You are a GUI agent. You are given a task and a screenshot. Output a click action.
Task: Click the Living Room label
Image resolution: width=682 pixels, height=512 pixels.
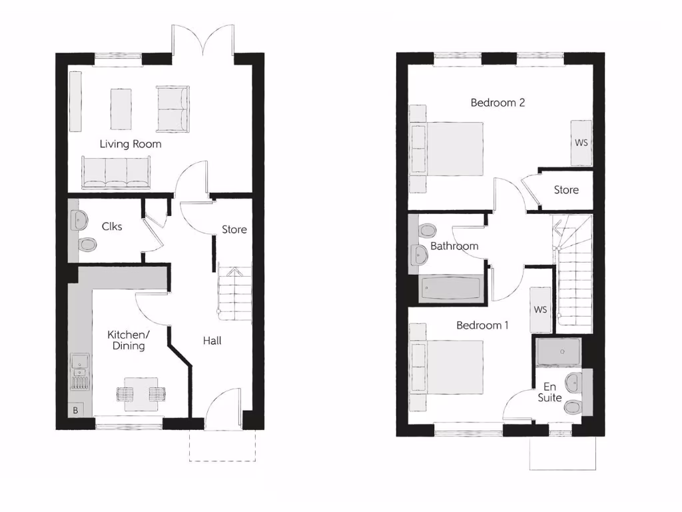click(x=131, y=144)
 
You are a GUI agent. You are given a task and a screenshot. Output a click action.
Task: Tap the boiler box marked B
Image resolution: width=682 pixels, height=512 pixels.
click(x=75, y=411)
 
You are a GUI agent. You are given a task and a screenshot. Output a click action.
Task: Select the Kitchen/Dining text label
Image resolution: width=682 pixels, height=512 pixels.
click(x=129, y=340)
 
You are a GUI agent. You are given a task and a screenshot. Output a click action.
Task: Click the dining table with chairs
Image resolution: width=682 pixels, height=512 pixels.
click(x=141, y=391)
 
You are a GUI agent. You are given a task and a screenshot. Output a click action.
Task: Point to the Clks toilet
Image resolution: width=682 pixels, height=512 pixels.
click(x=87, y=245)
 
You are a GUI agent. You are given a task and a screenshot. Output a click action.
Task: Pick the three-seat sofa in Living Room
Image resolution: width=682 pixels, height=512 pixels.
click(x=116, y=173)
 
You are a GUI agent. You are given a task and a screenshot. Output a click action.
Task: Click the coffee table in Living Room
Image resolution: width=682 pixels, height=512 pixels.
click(x=121, y=109)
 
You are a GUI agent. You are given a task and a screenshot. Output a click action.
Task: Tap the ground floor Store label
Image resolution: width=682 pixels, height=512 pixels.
click(x=234, y=229)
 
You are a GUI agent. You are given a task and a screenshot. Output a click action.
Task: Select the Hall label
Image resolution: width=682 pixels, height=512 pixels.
click(x=212, y=341)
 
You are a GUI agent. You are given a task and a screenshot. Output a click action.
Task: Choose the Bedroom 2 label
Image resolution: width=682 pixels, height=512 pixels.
click(x=498, y=103)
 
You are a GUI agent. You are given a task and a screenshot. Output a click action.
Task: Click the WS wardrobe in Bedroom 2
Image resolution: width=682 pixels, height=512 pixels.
click(x=581, y=143)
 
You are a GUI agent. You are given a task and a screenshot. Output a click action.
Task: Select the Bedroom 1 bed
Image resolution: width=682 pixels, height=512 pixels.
click(x=446, y=367)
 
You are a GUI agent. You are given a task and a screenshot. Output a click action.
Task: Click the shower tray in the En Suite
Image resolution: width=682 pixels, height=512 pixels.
click(x=558, y=351)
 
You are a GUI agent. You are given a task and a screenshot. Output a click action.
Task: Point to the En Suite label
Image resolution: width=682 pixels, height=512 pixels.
click(x=550, y=392)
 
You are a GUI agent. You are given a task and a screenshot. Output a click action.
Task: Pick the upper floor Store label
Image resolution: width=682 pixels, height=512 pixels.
click(x=566, y=190)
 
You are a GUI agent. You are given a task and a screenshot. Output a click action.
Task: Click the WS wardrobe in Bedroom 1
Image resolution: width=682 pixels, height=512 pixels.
click(x=540, y=310)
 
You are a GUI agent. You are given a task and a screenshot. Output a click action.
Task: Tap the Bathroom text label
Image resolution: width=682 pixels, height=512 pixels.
click(x=454, y=246)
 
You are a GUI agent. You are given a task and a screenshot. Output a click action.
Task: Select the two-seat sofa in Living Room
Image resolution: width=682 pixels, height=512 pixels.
click(x=173, y=109)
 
